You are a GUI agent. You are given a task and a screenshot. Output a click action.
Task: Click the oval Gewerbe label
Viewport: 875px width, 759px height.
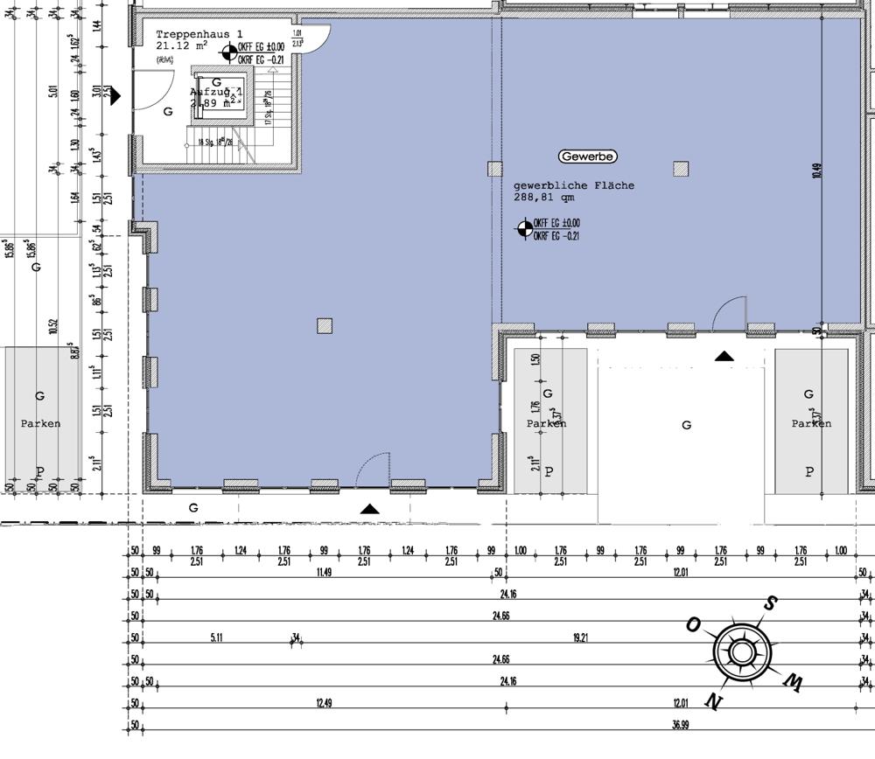[587, 157]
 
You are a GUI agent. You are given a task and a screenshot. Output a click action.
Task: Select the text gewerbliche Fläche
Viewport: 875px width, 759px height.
[573, 185]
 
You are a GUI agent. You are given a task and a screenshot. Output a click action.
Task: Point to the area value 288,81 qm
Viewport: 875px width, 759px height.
[545, 198]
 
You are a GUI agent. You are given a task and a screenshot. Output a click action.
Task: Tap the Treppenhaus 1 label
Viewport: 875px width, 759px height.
[192, 32]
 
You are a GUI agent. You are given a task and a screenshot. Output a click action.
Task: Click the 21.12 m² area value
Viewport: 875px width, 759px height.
[181, 45]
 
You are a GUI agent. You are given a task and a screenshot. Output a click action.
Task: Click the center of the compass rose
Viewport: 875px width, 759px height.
[741, 652]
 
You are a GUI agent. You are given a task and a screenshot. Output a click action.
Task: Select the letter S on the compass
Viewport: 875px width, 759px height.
[771, 602]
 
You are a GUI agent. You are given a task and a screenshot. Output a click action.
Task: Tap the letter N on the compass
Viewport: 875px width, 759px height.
[714, 701]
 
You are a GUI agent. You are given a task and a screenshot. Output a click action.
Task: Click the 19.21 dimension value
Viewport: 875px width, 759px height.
[579, 638]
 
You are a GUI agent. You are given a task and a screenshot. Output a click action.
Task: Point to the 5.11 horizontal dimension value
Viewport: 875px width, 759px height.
[217, 638]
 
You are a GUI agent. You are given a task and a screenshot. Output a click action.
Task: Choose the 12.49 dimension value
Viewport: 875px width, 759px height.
[324, 703]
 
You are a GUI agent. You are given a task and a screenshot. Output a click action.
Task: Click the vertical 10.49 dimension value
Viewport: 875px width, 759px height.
[816, 170]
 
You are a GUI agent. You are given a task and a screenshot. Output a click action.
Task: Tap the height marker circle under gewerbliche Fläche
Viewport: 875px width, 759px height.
[523, 229]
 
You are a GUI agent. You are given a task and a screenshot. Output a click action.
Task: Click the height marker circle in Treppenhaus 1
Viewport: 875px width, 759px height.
[227, 52]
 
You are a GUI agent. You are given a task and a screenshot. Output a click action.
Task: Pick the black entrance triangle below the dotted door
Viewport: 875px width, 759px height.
[370, 508]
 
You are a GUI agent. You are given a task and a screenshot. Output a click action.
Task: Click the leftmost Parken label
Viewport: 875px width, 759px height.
[40, 423]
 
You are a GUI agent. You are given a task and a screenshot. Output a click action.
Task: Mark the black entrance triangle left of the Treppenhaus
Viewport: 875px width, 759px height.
[115, 95]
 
